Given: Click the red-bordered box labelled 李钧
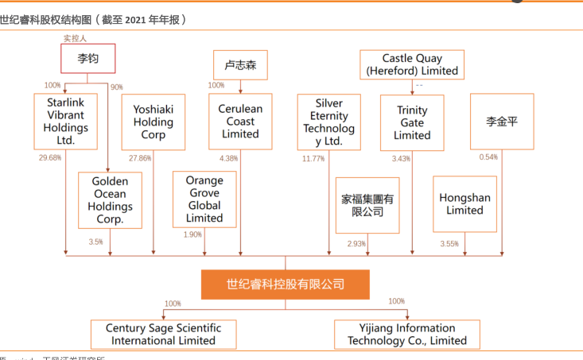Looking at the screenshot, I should coord(88,58).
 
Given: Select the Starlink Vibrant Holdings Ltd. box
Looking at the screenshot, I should coord(66,122).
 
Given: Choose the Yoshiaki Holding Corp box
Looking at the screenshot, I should coord(154,122).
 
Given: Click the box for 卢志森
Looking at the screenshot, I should coord(240,65).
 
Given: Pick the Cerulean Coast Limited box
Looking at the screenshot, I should coord(240,122).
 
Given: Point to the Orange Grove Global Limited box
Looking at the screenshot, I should coord(204,199).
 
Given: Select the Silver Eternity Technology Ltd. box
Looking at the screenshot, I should coord(328,122).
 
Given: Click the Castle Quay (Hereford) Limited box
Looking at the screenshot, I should coord(412,64).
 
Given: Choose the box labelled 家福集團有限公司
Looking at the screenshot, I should coord(367,205).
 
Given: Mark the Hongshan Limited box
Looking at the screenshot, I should coord(464,204).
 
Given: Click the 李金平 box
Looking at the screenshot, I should coord(502,122).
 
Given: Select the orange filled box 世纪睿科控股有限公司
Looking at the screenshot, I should coord(285,284).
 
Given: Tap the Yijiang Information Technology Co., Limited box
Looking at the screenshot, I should coord(407,334).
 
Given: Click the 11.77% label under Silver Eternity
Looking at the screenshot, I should coord(313,159).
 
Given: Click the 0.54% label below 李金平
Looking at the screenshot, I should coord(488,157).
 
